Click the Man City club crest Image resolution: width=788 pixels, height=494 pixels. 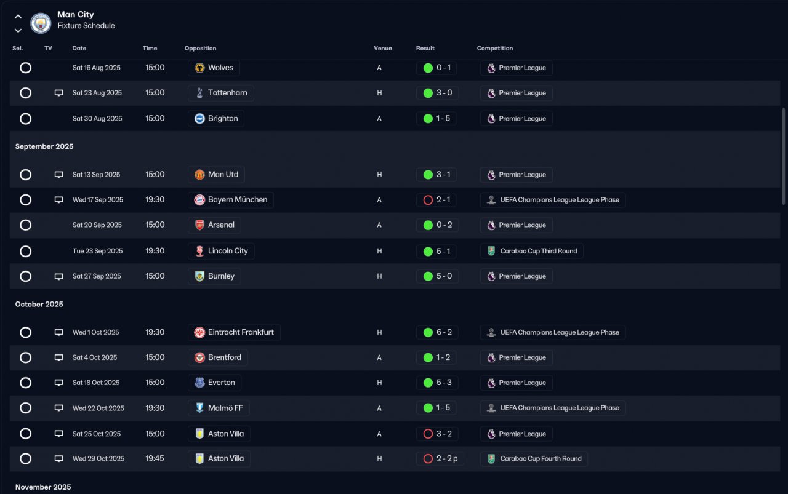(41, 23)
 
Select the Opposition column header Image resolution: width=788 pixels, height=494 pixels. (200, 49)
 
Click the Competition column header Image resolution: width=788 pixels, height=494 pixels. (494, 49)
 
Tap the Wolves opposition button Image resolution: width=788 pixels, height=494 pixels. (214, 68)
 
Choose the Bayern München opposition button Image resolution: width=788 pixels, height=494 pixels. (231, 200)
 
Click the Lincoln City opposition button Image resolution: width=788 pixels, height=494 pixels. (221, 251)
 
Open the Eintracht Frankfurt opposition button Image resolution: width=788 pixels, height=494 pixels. (234, 332)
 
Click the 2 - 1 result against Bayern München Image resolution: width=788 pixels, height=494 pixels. (436, 200)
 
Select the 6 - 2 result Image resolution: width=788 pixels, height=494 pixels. (436, 332)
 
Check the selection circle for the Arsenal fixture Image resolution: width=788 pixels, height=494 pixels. (25, 225)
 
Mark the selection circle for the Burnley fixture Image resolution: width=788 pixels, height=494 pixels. (25, 276)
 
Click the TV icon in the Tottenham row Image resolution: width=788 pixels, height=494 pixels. (58, 93)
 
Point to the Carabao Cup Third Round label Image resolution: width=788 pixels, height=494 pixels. (532, 251)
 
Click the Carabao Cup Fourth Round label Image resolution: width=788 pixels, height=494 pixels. (534, 459)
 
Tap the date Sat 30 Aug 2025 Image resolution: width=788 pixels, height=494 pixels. (97, 119)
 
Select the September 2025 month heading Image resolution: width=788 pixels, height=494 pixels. (44, 146)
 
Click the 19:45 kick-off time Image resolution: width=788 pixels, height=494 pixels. (155, 459)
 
